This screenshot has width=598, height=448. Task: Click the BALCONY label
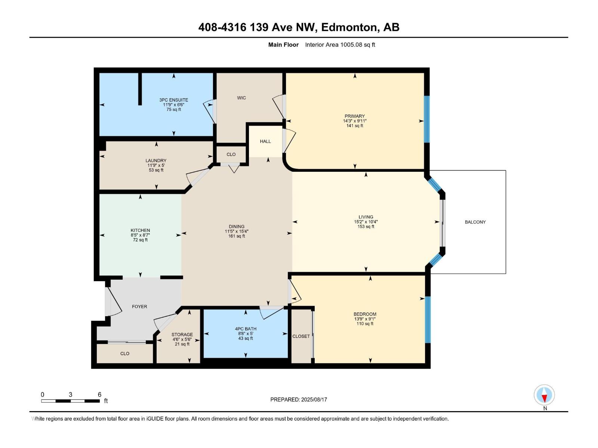pos(475,222)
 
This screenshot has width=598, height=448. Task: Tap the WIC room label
pos(241,98)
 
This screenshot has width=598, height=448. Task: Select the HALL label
pos(265,141)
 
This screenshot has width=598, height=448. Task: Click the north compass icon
pos(544,395)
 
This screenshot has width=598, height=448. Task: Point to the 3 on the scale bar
pos(70,395)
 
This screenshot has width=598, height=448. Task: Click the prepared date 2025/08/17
pos(314,399)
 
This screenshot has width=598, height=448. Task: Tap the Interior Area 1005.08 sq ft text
pos(340,45)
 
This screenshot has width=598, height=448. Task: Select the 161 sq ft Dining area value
pos(237,236)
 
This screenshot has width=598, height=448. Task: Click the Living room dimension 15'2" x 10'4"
pos(366,222)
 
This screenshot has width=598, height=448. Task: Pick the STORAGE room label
pos(182,335)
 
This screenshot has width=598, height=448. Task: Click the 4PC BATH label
pos(246,329)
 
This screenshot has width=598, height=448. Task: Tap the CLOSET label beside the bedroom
pos(301,336)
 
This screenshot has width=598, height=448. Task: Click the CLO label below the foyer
pos(125,354)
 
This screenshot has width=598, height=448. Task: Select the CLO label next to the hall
pos(231,155)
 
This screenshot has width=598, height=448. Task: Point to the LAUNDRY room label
pos(156,161)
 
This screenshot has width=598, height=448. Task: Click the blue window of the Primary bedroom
pos(426,119)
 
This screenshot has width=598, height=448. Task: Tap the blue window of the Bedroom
pos(428,320)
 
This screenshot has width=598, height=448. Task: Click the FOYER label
pos(139,307)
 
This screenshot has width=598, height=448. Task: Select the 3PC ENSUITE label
pos(173,100)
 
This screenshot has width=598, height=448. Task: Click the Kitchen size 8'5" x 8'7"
pos(140,235)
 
